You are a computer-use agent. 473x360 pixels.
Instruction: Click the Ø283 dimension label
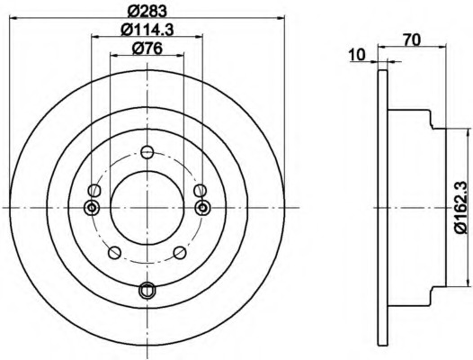(147, 11)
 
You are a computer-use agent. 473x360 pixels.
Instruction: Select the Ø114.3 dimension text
(147, 30)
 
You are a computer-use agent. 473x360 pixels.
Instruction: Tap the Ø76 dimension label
(147, 49)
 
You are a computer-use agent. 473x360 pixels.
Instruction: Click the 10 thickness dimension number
(357, 55)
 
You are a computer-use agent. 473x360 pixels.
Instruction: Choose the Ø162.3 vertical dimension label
(464, 207)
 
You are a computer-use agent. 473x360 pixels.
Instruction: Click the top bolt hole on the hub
(147, 152)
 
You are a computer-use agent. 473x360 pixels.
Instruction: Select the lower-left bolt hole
(114, 253)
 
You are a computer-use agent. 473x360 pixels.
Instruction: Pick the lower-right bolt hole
(180, 253)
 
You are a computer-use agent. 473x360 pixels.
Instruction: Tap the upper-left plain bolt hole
(94, 191)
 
